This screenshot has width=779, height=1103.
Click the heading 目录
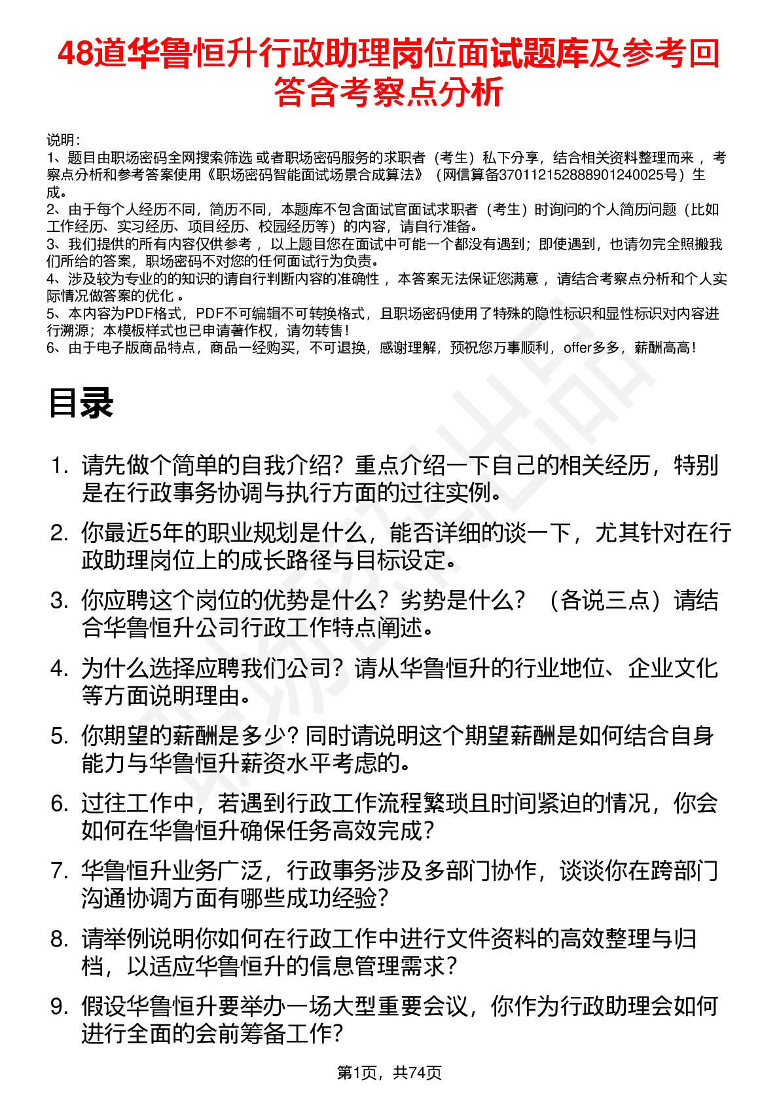[x=81, y=403]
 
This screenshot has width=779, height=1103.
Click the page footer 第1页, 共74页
[x=389, y=1072]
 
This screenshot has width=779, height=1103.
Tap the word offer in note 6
[x=577, y=348]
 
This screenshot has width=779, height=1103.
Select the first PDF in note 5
[x=139, y=314]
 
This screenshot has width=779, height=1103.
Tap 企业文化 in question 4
[x=673, y=668]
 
